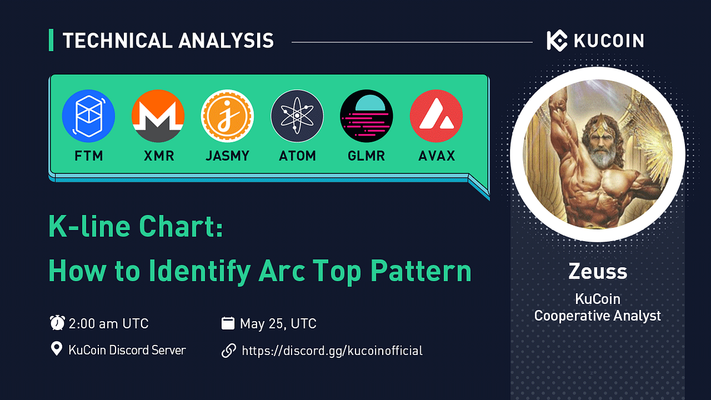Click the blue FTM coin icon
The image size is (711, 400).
[88, 116]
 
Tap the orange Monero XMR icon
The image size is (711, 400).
[158, 116]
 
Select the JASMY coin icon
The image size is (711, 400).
[228, 116]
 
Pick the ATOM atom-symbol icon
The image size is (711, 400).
[297, 116]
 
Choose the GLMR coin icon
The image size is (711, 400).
[366, 116]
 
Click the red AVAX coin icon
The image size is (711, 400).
[436, 116]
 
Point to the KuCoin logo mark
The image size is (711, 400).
[557, 41]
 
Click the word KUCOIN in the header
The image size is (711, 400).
[608, 41]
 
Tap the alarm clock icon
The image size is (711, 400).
[57, 324]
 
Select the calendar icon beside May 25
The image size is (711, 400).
[228, 324]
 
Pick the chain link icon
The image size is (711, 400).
[228, 350]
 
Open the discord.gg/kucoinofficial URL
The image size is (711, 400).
[332, 350]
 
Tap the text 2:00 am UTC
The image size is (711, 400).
[108, 324]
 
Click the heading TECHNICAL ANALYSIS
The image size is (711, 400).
[168, 41]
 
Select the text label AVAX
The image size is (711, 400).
[436, 156]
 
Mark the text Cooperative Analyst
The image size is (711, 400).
[597, 316]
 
